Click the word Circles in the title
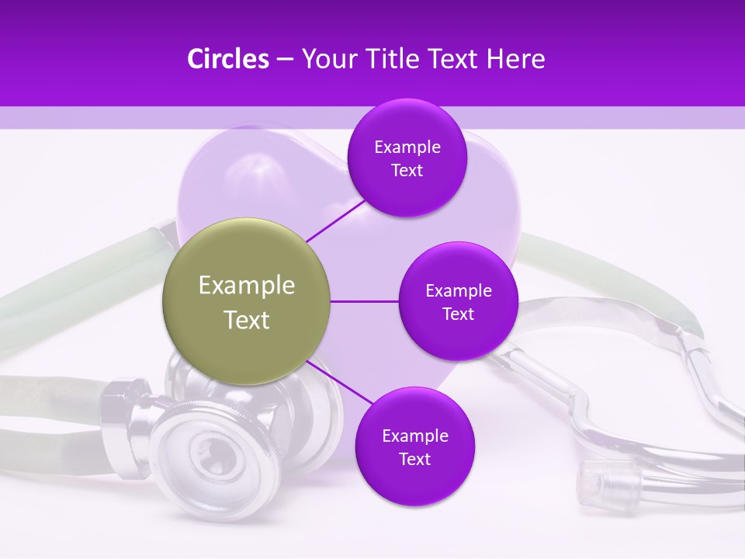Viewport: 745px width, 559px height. click(x=228, y=59)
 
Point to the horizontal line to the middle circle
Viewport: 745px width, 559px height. click(x=365, y=301)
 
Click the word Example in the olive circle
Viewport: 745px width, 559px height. click(x=247, y=286)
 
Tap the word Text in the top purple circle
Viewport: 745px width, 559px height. click(x=407, y=171)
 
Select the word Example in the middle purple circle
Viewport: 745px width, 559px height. click(x=459, y=291)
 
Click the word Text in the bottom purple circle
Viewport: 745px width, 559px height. click(x=414, y=460)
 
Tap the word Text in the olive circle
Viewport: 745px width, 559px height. click(x=247, y=320)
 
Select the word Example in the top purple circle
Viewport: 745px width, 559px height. click(x=407, y=148)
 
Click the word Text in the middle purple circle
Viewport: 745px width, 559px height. click(x=458, y=314)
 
